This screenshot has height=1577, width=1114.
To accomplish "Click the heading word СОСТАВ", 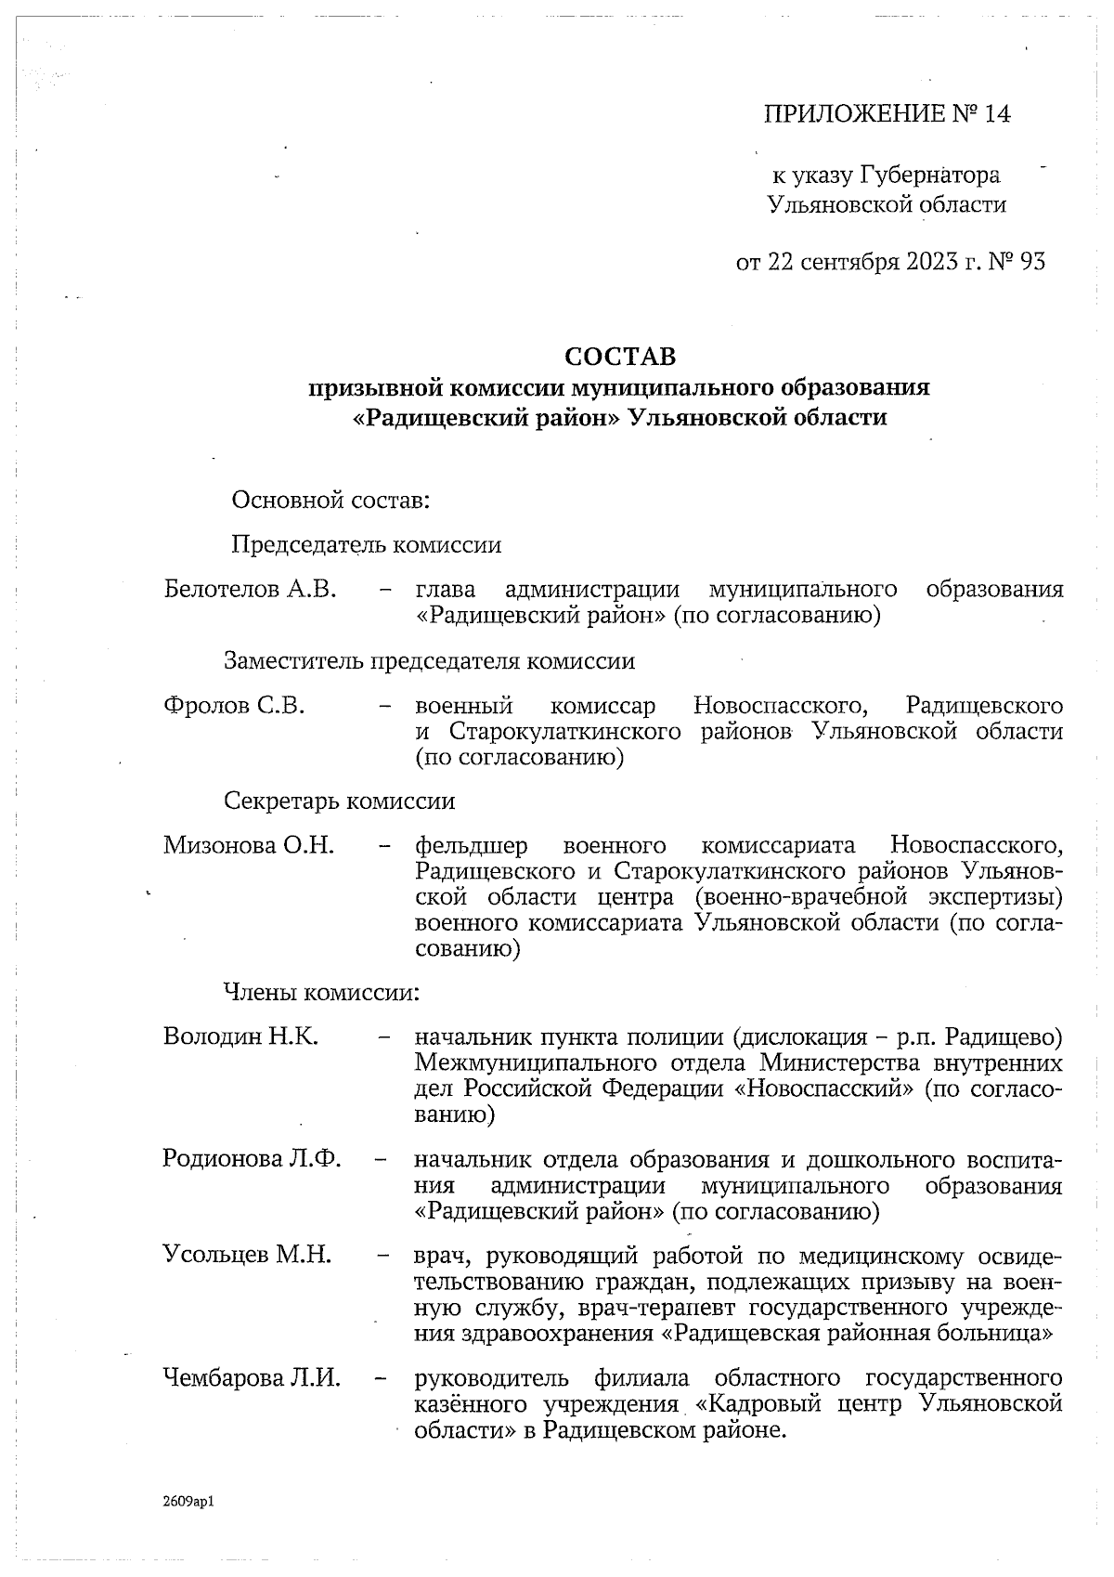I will [x=620, y=357].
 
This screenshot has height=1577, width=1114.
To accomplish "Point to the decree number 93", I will [x=1032, y=263].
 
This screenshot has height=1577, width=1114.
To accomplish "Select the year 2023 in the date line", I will [x=929, y=263].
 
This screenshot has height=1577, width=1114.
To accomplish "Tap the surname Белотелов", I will [x=219, y=590].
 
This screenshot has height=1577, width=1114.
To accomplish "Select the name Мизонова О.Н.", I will [x=249, y=845].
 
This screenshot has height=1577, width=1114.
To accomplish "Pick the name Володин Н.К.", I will [x=241, y=1036].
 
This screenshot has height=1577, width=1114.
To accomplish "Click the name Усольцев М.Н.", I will [x=247, y=1256].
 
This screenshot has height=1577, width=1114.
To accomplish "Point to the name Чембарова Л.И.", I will [x=252, y=1378].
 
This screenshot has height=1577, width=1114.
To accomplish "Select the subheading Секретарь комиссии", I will [x=340, y=801].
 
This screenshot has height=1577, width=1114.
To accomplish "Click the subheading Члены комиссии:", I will [x=321, y=993].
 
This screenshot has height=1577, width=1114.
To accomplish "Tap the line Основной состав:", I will [x=330, y=502].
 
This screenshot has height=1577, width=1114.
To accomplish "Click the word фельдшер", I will [x=472, y=846].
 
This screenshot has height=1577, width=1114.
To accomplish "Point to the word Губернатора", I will [x=930, y=175].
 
